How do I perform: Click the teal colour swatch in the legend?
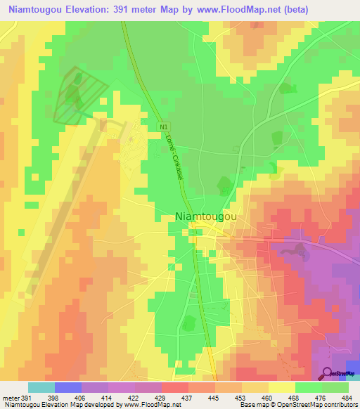tap(41, 387)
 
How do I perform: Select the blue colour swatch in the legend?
tap(67, 387)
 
